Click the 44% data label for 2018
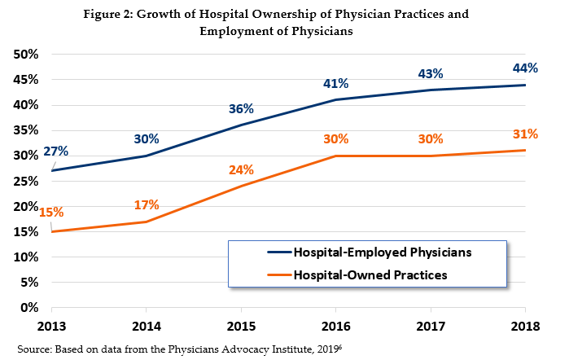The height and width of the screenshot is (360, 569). [524, 68]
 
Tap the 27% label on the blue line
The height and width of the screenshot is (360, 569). [56, 151]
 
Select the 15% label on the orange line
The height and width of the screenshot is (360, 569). [50, 213]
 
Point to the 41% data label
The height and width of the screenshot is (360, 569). [335, 83]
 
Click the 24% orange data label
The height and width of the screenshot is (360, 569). [241, 169]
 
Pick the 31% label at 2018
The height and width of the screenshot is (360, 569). [524, 134]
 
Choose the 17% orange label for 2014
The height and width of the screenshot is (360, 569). [147, 204]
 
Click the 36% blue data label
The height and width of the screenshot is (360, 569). [241, 108]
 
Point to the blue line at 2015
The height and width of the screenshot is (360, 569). [241, 125]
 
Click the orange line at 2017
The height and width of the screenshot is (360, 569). [431, 156]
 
